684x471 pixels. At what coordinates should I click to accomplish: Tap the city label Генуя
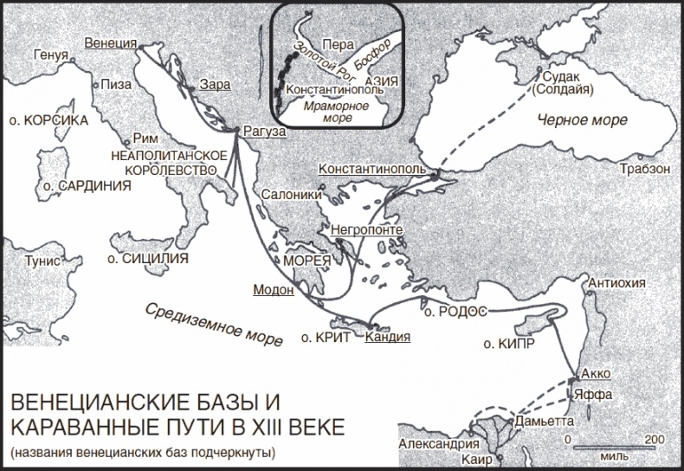50,55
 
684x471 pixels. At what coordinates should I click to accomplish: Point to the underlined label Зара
214,85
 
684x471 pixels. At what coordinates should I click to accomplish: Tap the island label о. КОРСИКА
46,120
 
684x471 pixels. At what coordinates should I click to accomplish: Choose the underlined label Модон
273,290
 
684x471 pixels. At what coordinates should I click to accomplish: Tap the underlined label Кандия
387,338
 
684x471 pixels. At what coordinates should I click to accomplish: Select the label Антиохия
617,283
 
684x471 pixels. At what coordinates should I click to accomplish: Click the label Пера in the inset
335,42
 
